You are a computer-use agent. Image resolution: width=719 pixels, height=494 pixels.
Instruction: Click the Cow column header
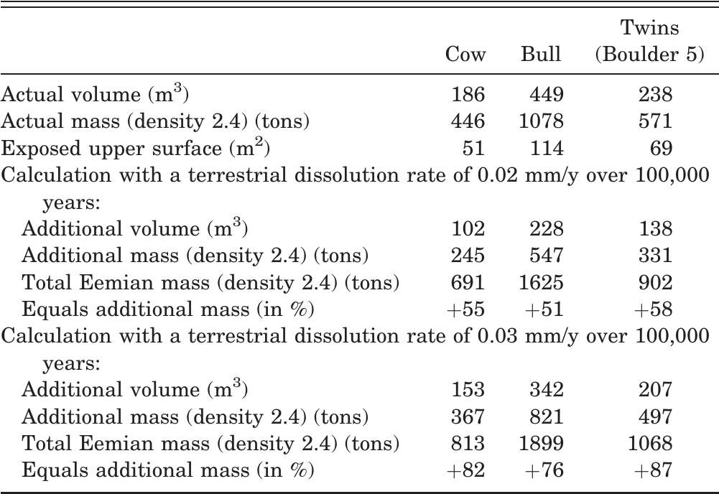[465, 54]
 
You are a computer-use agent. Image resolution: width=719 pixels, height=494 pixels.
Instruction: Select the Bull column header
[541, 54]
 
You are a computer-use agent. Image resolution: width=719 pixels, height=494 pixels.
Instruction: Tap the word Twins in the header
[649, 27]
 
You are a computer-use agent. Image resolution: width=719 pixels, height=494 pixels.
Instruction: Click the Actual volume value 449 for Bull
[546, 94]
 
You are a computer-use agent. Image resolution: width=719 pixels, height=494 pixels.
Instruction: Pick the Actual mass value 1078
[541, 121]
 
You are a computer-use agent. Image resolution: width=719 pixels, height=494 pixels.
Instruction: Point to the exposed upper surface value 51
[473, 148]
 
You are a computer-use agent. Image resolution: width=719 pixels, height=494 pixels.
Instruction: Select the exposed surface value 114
[546, 148]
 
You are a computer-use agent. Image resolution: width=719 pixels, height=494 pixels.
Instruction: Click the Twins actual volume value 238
[655, 94]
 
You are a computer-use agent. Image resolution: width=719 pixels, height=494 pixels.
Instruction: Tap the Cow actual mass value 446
[468, 121]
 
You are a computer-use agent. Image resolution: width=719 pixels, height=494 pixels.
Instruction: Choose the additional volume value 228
[546, 228]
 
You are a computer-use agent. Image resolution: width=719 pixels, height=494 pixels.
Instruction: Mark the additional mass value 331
[655, 255]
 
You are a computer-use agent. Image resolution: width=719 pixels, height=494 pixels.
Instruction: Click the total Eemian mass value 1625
[541, 282]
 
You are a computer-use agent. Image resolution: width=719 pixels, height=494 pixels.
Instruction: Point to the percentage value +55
[465, 309]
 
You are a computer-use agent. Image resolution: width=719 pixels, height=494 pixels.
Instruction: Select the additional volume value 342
[546, 389]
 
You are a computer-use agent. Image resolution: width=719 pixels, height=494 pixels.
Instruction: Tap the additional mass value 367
[468, 416]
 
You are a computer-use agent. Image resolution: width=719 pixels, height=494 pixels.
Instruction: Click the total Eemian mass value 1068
[650, 443]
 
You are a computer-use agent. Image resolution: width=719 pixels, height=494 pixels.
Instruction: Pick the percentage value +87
[654, 470]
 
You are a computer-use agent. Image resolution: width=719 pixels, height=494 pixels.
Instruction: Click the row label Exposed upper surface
[111, 149]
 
